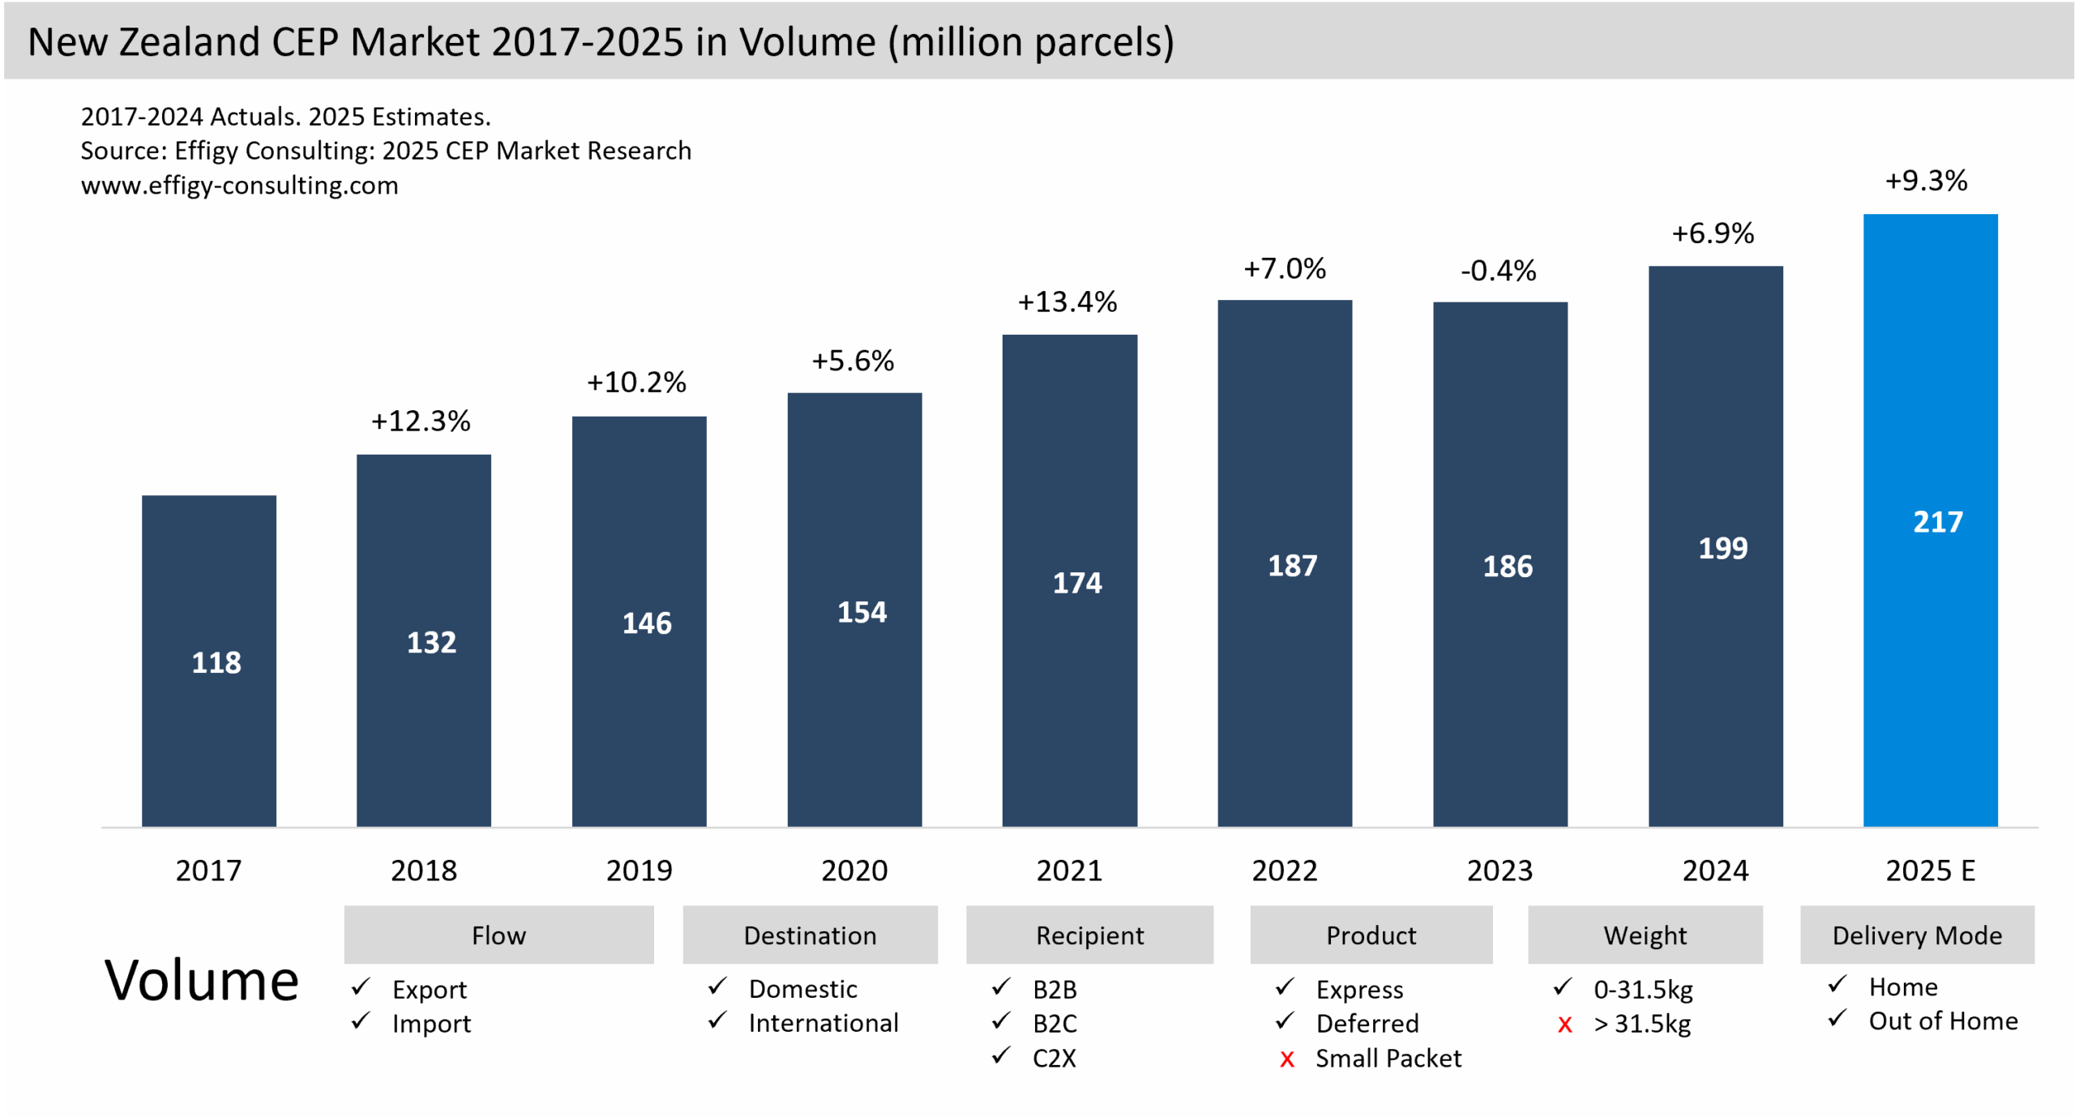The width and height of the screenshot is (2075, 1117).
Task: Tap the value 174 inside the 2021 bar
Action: pos(1076,583)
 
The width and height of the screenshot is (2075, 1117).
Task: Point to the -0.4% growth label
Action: pos(1498,271)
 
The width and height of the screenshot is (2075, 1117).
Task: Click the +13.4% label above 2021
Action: pos(1067,302)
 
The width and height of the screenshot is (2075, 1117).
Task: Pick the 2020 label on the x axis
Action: pos(854,871)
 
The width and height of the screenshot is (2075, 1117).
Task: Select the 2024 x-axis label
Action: pos(1715,871)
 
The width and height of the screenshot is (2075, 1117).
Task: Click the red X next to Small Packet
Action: pos(1286,1059)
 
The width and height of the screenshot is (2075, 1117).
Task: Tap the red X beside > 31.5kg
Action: pos(1564,1025)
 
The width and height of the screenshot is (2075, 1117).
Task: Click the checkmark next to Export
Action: pos(361,987)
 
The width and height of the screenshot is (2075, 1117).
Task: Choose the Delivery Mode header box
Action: pos(1917,935)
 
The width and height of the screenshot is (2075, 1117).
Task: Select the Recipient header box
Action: pos(1089,935)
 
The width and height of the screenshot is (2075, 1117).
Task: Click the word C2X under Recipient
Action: pos(1054,1059)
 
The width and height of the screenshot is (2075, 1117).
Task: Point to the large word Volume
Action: pos(202,981)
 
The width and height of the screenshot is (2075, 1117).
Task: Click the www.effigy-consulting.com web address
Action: pos(240,186)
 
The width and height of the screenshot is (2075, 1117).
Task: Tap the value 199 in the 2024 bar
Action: pos(1722,549)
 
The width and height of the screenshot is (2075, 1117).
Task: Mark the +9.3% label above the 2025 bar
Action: pos(1926,181)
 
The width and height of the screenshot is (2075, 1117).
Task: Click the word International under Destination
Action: pos(824,1024)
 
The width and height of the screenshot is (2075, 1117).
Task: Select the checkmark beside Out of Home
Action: pos(1838,1018)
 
